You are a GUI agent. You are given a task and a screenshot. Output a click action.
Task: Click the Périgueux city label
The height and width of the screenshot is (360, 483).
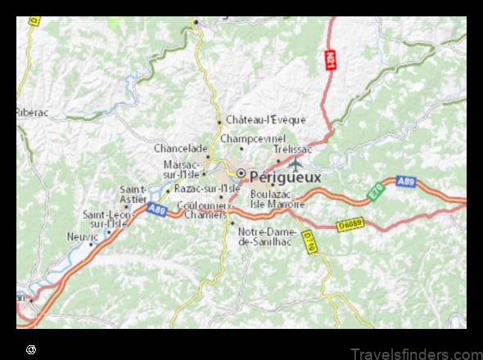pyautogui.click(x=286, y=175)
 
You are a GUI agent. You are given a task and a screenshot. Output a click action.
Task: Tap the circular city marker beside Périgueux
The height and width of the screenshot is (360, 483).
pyautogui.click(x=241, y=173)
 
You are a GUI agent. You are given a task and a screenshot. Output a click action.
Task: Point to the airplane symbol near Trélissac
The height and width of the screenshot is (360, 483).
pyautogui.click(x=295, y=160)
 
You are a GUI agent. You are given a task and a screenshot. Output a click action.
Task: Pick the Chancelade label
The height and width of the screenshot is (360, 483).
pyautogui.click(x=179, y=149)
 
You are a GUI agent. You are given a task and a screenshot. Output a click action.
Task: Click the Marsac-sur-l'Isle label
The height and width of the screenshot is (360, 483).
pyautogui.click(x=181, y=169)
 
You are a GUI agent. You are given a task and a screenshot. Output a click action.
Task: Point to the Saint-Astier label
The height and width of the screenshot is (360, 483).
pyautogui.click(x=133, y=193)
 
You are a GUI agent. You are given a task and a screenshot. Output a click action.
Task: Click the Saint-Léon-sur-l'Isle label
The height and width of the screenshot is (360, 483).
pyautogui.click(x=106, y=218)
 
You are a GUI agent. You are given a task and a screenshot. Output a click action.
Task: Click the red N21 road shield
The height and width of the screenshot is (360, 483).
pyautogui.click(x=330, y=60)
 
